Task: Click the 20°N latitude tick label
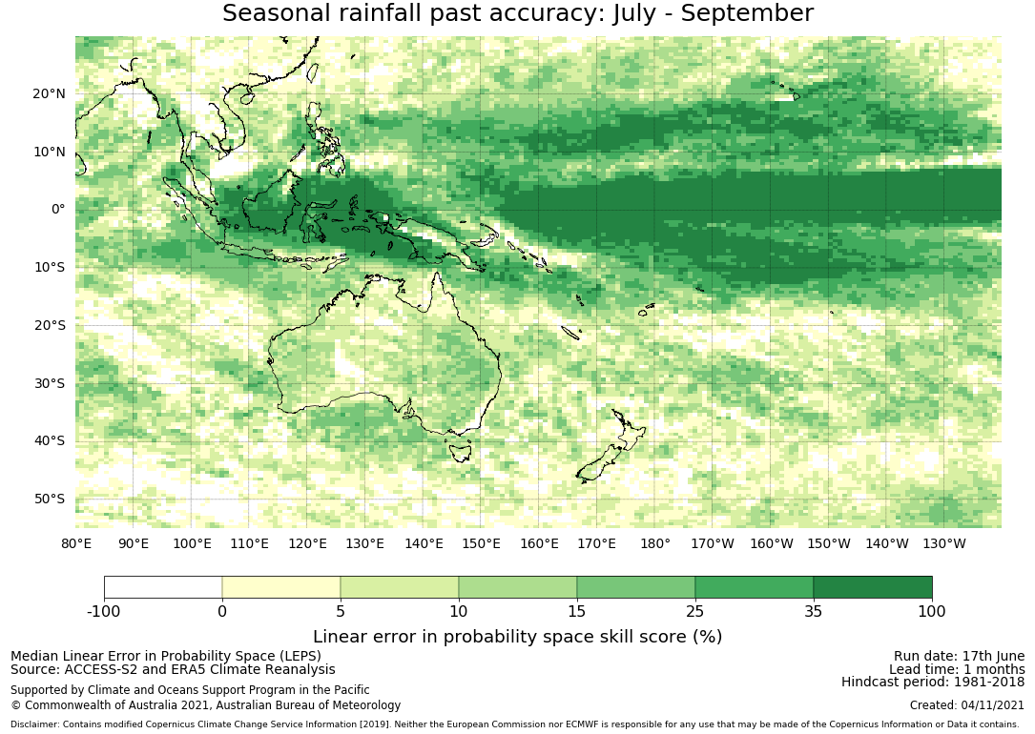(49, 93)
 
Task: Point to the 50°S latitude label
(49, 499)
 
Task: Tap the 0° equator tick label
(58, 209)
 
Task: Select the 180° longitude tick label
(654, 544)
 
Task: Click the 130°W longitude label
(944, 544)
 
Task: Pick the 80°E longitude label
(76, 544)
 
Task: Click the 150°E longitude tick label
(481, 544)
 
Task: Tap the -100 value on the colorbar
(104, 611)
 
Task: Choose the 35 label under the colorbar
(813, 611)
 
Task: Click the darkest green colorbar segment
(873, 587)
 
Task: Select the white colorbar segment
(163, 587)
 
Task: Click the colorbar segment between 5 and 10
(400, 587)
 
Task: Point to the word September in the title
(747, 13)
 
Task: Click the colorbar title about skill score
(517, 637)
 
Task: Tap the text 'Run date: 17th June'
(959, 656)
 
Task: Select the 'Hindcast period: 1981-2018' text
(933, 682)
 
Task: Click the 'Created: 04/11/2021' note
(967, 705)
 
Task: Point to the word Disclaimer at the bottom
(35, 724)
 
